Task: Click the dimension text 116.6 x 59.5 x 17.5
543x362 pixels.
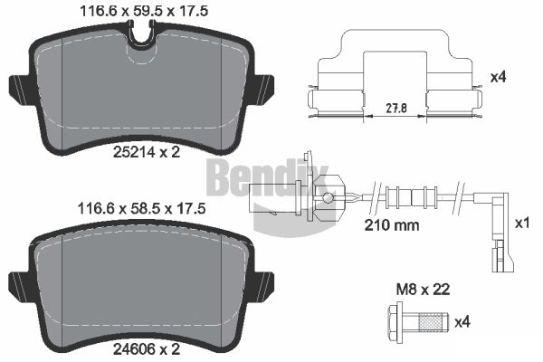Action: tap(144, 11)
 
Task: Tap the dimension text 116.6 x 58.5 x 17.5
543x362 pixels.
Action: tap(142, 208)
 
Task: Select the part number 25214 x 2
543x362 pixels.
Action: tap(147, 152)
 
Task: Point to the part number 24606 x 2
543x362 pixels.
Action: tap(147, 349)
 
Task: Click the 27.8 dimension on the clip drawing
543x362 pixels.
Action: tap(396, 109)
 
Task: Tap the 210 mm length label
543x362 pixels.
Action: tap(392, 225)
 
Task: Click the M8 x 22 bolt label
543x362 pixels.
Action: tap(424, 290)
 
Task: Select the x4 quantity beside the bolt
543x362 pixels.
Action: tap(462, 323)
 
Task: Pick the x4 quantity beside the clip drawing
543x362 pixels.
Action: tap(499, 77)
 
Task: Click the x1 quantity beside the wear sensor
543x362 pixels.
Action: tap(522, 224)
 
